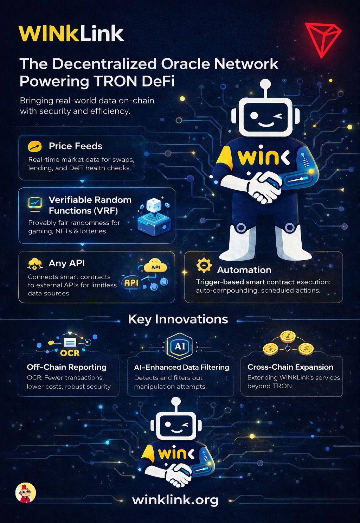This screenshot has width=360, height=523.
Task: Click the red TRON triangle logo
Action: tap(322, 39)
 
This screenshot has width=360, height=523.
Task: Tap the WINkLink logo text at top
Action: tap(71, 34)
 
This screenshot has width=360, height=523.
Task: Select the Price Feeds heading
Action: tap(75, 146)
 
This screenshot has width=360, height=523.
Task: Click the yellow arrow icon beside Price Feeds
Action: tap(35, 146)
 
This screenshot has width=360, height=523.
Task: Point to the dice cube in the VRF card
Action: tap(154, 205)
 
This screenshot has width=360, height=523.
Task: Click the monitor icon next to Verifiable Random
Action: tap(35, 203)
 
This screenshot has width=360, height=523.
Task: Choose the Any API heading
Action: tap(67, 263)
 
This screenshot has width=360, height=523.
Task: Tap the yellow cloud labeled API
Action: tap(155, 266)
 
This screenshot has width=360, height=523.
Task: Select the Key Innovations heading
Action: tap(178, 319)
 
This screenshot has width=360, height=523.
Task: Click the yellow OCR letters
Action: tap(70, 353)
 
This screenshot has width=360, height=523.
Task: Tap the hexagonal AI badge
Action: tap(180, 346)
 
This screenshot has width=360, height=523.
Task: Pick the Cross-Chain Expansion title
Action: tap(290, 367)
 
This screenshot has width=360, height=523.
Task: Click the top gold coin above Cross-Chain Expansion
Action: tap(288, 337)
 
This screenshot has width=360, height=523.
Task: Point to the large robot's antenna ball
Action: tap(265, 84)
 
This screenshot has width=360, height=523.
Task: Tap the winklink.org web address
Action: tap(175, 499)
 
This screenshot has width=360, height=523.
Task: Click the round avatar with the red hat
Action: tap(26, 492)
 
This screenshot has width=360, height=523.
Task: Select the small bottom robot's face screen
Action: tap(176, 426)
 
